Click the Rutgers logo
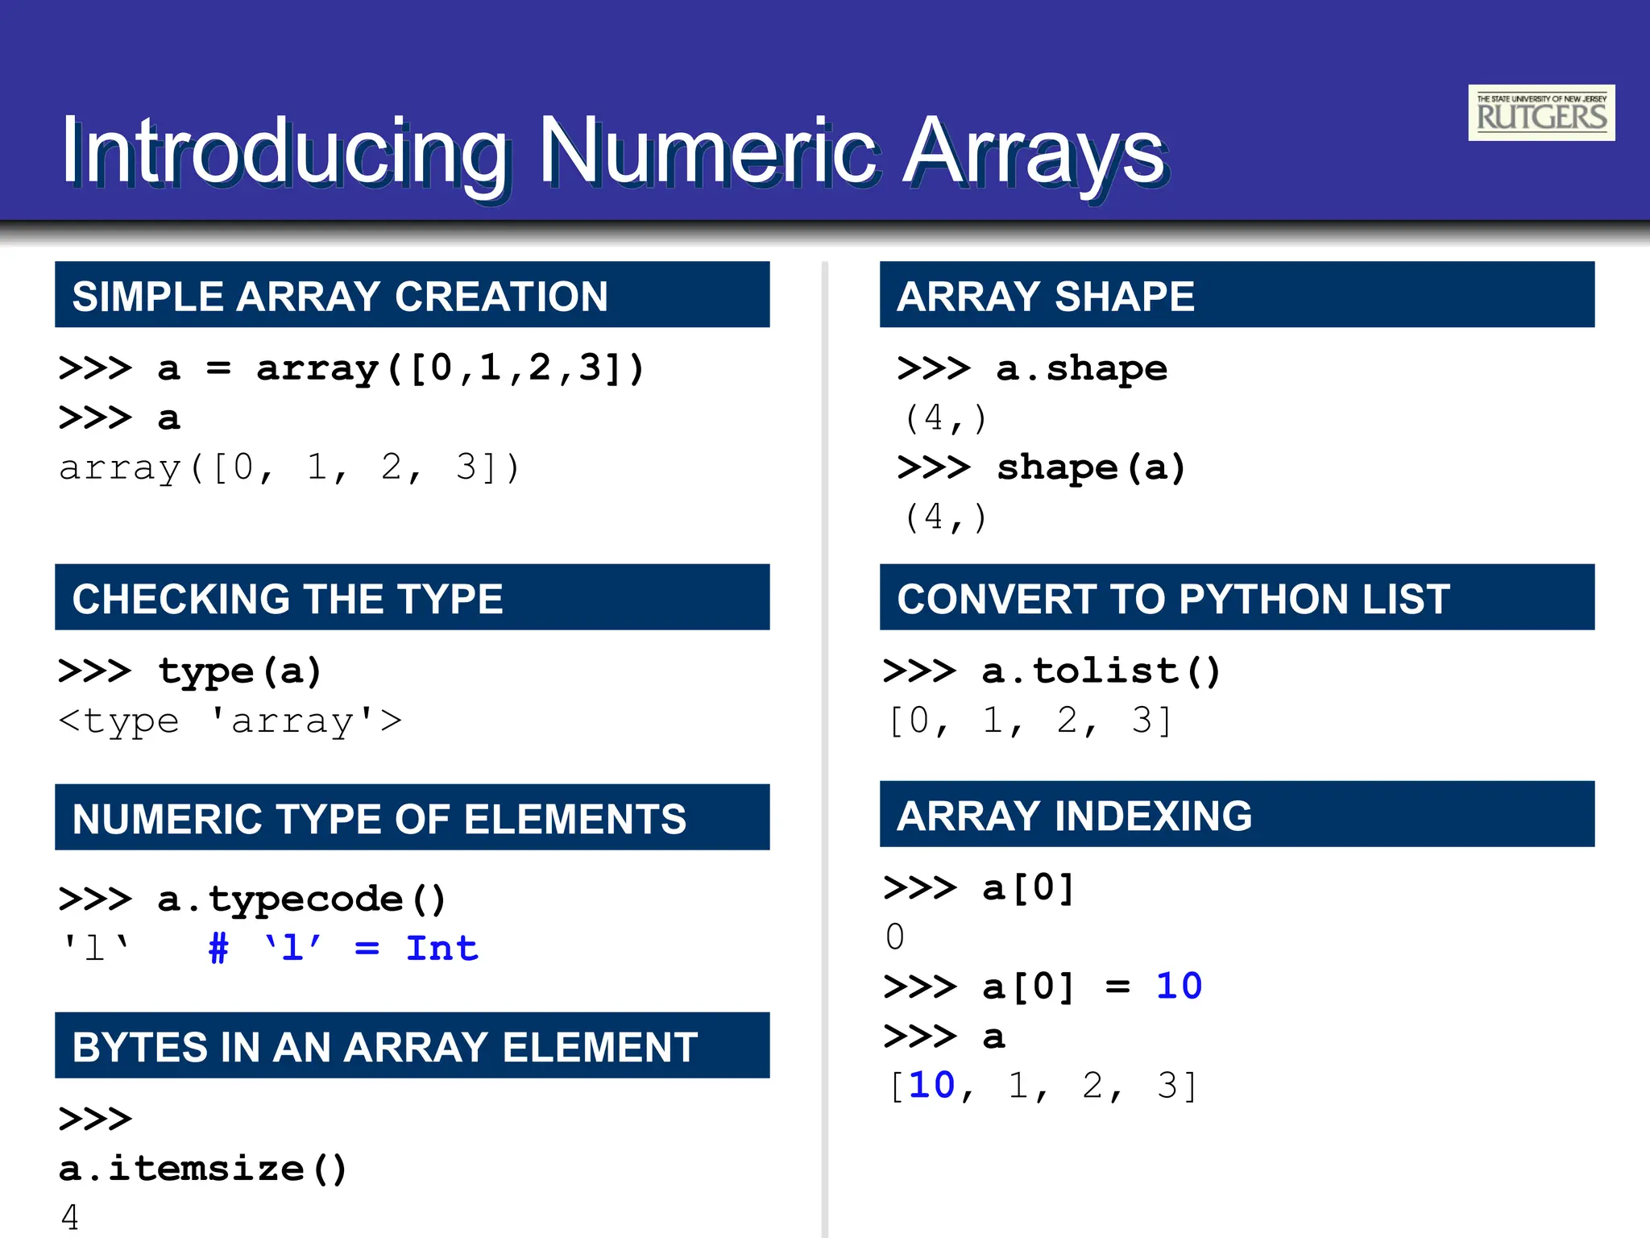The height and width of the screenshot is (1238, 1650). pos(1540,113)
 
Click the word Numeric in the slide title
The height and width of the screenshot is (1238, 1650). pos(709,151)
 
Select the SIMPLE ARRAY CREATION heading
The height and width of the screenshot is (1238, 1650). pos(340,296)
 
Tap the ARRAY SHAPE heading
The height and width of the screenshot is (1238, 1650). pos(1045,296)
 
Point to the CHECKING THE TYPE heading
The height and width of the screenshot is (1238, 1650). pos(288,599)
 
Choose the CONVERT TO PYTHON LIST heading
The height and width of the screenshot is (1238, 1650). pos(1173,599)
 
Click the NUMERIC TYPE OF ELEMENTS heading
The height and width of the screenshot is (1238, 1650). pos(379,819)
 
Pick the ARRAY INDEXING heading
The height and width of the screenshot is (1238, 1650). pos(1074,816)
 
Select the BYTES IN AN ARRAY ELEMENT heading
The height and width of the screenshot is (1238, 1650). pos(384,1047)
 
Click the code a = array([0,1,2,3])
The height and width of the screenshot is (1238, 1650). pos(400,368)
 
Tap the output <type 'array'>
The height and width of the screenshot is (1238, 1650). pos(230,721)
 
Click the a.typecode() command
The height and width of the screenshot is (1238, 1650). pos(301,899)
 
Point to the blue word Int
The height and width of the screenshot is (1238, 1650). pos(442,948)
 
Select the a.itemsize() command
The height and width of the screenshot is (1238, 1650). pos(202,1168)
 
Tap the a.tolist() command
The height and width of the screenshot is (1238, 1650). pos(1101,671)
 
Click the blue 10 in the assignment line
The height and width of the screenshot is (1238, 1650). pos(1178,986)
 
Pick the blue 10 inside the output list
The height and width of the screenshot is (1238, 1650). pos(931,1085)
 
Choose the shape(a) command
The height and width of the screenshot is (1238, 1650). pos(1091,467)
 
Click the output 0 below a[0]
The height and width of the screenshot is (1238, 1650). pos(894,937)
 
